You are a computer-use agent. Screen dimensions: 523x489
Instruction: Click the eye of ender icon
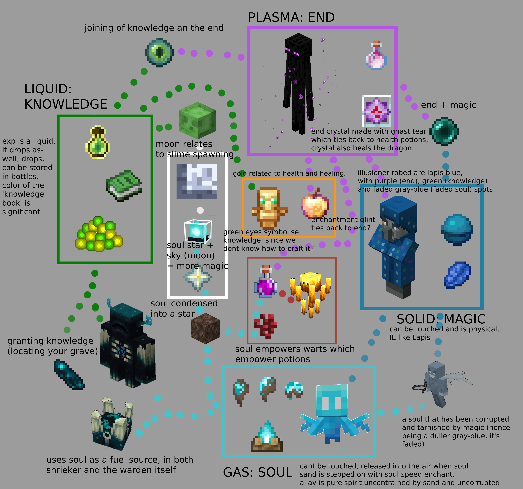[x=159, y=53]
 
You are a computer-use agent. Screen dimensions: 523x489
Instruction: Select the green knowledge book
[x=124, y=186]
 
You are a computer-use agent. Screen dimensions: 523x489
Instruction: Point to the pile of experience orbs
[x=99, y=234]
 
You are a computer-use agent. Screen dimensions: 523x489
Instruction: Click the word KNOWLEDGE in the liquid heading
[x=66, y=104]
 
